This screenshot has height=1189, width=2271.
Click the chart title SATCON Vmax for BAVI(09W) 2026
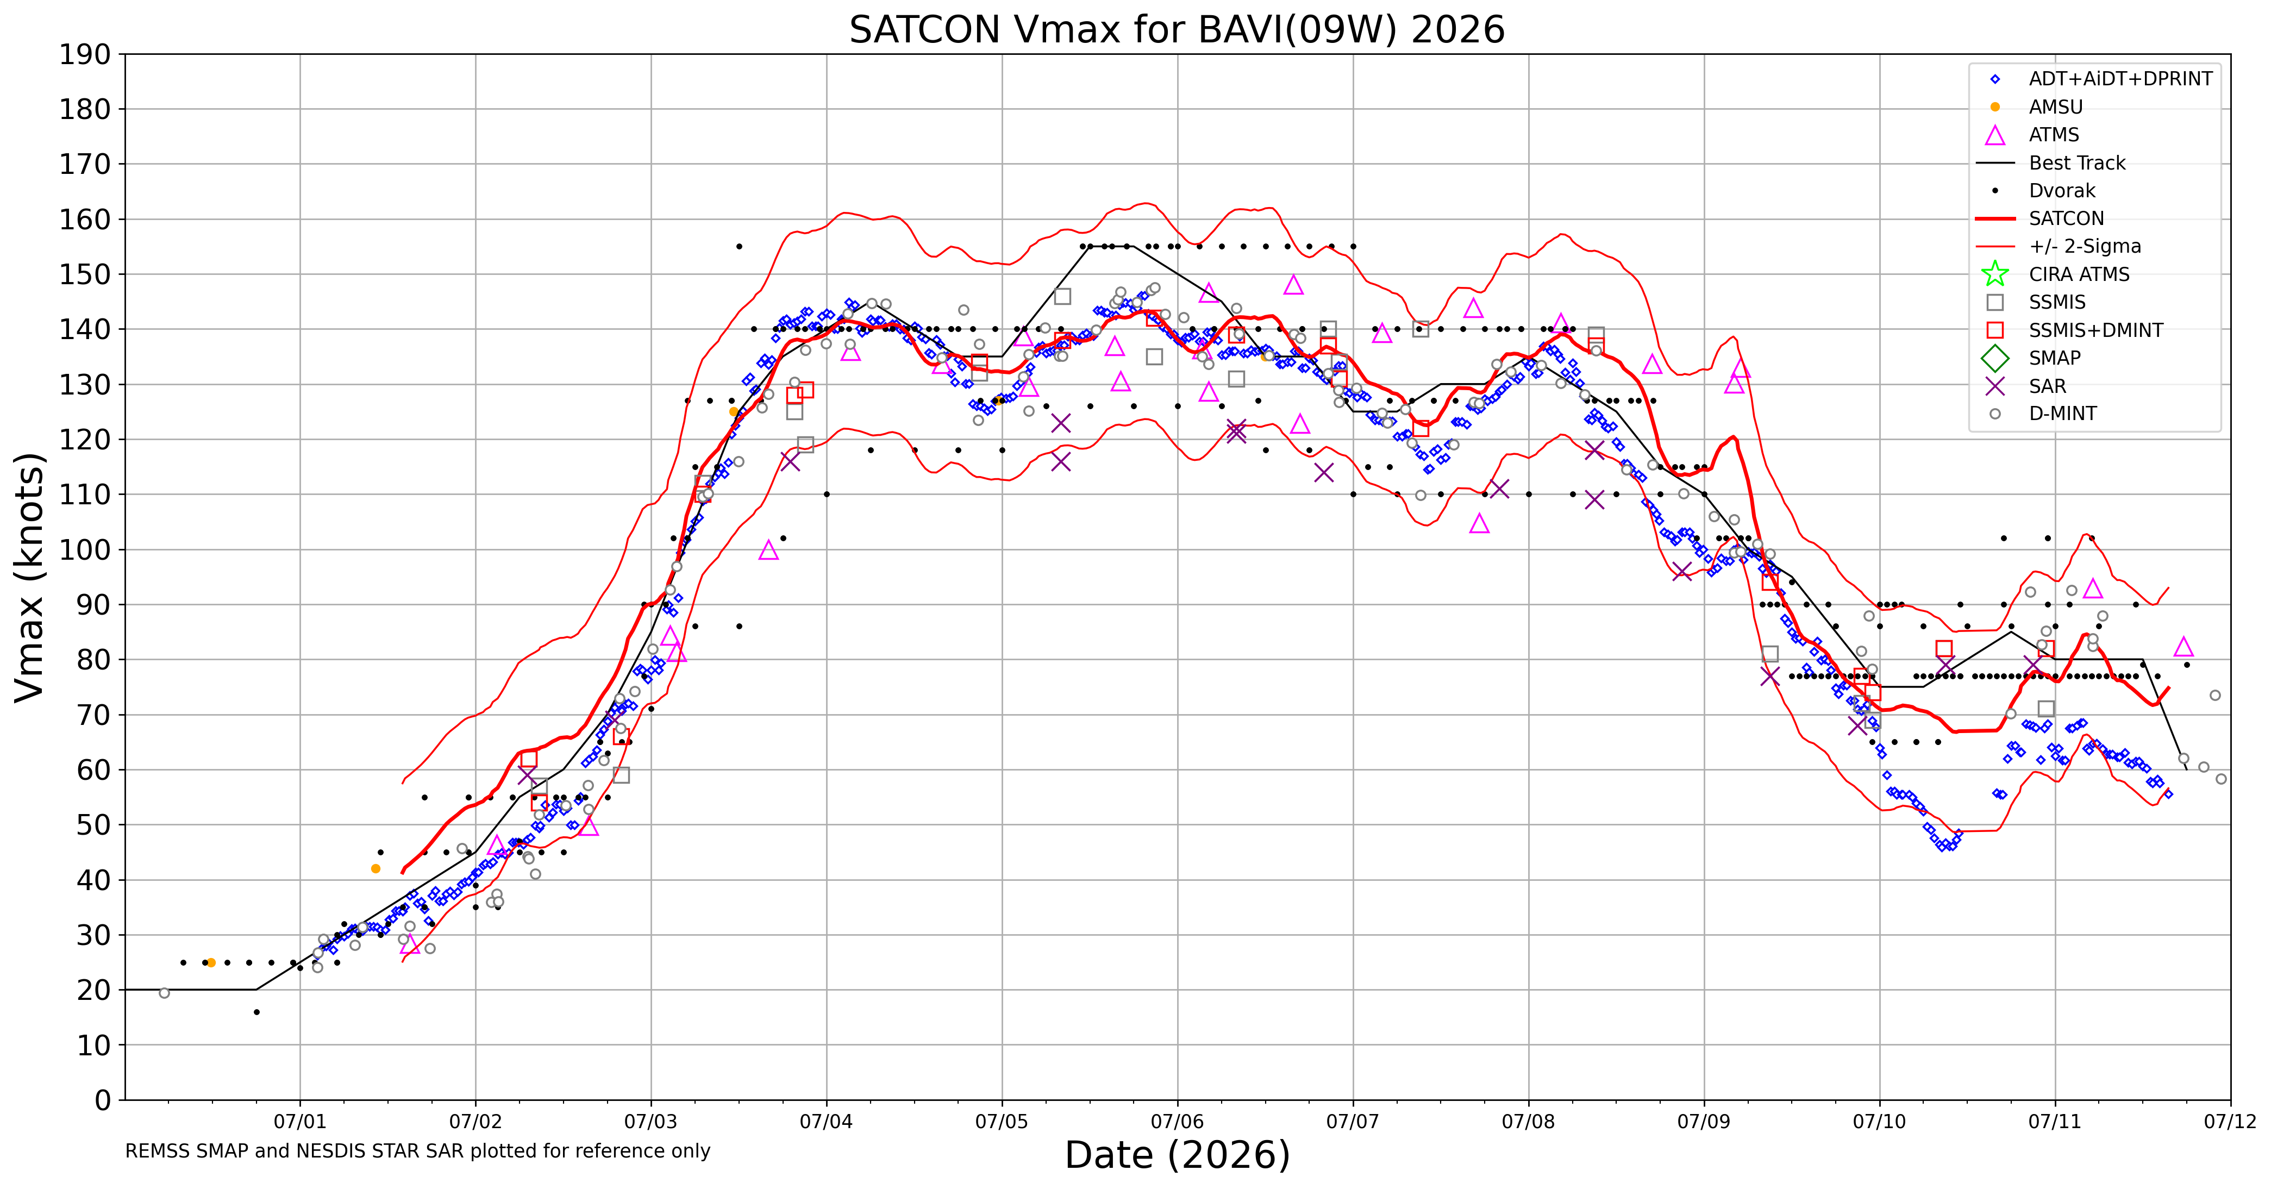(x=1177, y=30)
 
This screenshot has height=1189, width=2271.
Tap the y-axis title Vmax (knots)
(x=30, y=577)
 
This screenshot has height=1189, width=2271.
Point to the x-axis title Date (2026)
(x=1177, y=1155)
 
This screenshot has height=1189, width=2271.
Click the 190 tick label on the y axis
(x=85, y=55)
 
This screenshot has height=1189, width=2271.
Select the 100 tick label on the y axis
(x=85, y=549)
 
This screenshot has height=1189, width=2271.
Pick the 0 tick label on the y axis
(x=103, y=1099)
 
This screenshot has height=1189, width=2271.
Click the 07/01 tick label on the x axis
(x=300, y=1121)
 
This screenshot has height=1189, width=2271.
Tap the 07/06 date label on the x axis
(x=1177, y=1121)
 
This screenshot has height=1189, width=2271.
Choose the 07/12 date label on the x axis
(x=2230, y=1121)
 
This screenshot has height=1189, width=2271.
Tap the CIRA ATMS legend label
(x=2079, y=274)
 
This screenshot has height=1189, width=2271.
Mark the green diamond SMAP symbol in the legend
(x=1995, y=359)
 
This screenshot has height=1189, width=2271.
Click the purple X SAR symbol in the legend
(x=1995, y=386)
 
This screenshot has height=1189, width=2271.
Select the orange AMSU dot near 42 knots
(x=376, y=868)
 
